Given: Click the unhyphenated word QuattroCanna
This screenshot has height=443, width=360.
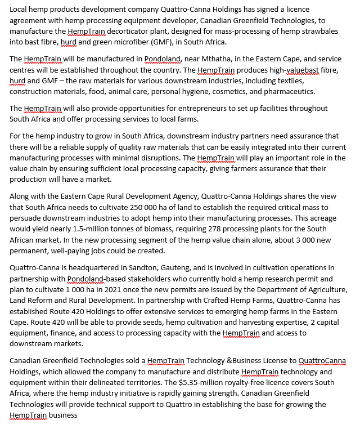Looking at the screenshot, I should pos(322,361).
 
